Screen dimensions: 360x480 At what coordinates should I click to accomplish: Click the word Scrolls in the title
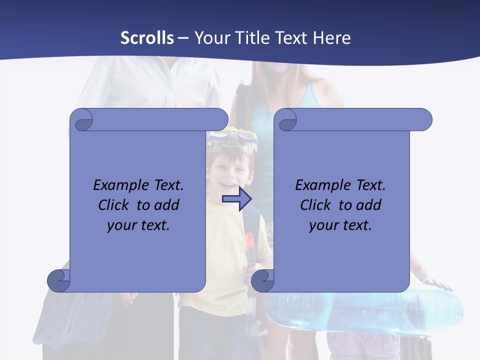pos(147,38)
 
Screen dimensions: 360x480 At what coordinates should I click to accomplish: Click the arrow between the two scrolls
pos(236,199)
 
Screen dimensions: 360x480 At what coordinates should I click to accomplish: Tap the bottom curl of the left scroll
pos(59,280)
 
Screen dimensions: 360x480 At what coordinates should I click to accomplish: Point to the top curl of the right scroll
pos(287,120)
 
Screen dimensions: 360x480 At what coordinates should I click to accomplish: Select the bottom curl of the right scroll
pos(263,280)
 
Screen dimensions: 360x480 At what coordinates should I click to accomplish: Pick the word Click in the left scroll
pos(113,205)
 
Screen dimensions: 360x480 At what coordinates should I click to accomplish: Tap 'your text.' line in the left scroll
pos(138,225)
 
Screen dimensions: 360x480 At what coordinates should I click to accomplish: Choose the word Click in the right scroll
pos(315,205)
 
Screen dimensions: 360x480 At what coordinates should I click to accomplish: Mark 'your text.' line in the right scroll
pos(340,225)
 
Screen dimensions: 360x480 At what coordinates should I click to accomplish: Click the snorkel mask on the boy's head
pos(232,139)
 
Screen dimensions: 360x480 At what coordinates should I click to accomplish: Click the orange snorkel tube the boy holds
pos(250,244)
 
